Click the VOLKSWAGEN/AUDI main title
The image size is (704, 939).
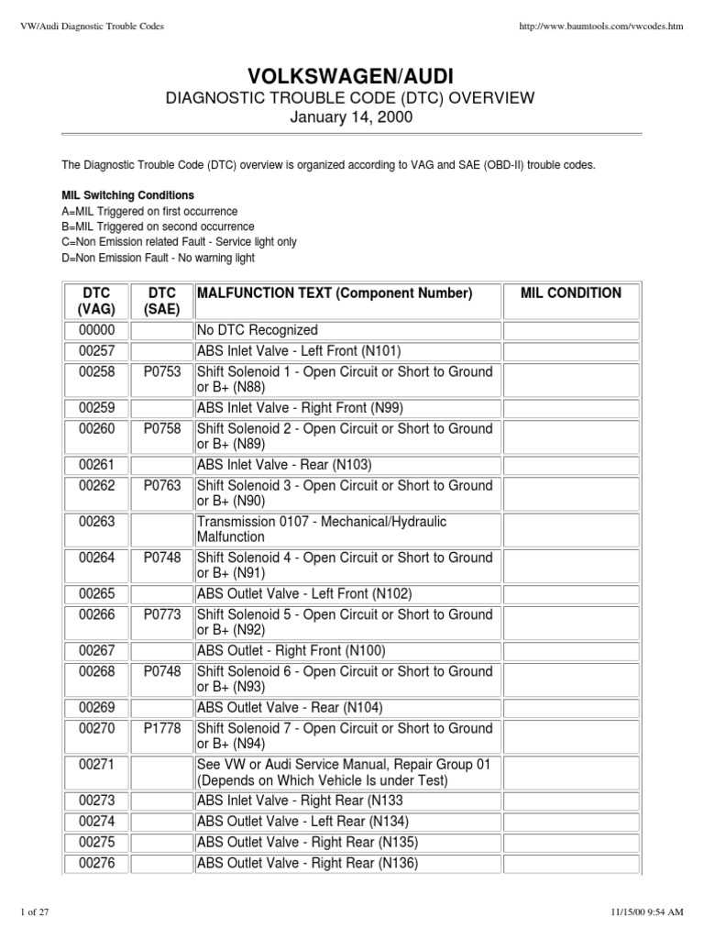click(x=352, y=75)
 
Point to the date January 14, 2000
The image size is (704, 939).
click(x=352, y=118)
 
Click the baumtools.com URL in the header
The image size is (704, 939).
click(x=601, y=26)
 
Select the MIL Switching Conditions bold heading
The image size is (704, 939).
click(x=127, y=195)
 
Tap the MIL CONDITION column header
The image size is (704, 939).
click(x=570, y=293)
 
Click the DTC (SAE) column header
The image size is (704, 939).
click(x=162, y=301)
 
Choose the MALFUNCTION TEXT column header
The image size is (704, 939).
click(x=335, y=293)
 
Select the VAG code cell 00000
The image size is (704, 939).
click(x=96, y=330)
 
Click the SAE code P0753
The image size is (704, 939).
click(x=162, y=372)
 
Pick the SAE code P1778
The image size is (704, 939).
click(x=162, y=728)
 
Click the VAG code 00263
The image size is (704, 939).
click(x=96, y=522)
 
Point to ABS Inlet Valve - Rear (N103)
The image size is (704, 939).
click(x=284, y=465)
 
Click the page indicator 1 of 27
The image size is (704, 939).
click(x=37, y=911)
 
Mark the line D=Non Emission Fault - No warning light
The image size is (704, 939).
click(x=157, y=258)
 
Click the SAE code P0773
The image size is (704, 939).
click(x=162, y=614)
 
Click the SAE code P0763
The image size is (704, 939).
click(x=162, y=486)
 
